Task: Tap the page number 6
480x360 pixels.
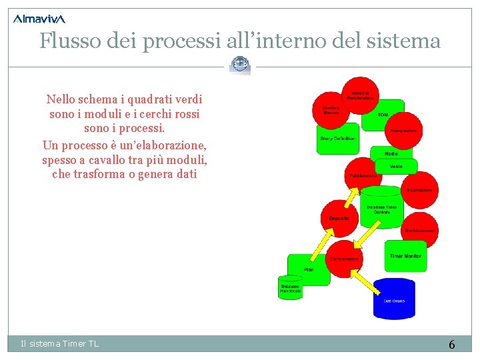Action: coord(451,345)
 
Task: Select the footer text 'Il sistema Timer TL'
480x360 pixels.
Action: coord(59,343)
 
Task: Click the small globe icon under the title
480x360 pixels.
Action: coord(240,65)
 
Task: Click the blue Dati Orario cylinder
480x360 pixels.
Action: coord(393,297)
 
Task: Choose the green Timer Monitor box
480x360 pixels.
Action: coord(405,255)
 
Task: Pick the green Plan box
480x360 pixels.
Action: coord(308,268)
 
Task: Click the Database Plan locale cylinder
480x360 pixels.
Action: coord(290,287)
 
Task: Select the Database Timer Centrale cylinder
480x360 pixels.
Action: coord(381,209)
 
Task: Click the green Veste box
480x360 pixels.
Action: coord(395,165)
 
